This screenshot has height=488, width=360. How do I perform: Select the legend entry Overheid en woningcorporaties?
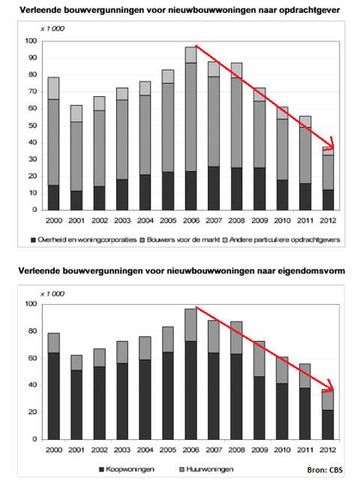tap(84, 239)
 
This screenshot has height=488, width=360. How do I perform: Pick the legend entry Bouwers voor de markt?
tap(180, 239)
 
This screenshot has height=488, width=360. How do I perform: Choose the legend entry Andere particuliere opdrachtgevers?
tap(282, 239)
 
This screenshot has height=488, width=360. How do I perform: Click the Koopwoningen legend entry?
tap(127, 469)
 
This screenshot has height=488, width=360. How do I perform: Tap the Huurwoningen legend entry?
tap(206, 469)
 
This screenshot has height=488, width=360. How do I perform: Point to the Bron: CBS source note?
tap(325, 470)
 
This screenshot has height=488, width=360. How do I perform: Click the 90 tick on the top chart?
tap(33, 58)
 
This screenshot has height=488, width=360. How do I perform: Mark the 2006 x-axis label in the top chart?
tap(191, 220)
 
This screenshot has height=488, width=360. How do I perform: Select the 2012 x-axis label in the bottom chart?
tap(328, 450)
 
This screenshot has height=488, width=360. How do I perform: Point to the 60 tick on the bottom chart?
tap(33, 358)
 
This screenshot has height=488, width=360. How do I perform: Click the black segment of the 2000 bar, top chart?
tap(53, 197)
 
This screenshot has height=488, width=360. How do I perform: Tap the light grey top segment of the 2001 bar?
tap(76, 113)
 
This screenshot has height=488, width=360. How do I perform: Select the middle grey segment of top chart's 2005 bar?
tap(168, 128)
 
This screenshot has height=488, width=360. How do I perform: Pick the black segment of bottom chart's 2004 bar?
tap(145, 399)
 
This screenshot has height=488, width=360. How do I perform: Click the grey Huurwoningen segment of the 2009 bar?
tap(259, 359)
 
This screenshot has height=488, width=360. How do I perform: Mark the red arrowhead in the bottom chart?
tap(329, 387)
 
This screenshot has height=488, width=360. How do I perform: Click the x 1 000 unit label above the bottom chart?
tap(52, 294)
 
